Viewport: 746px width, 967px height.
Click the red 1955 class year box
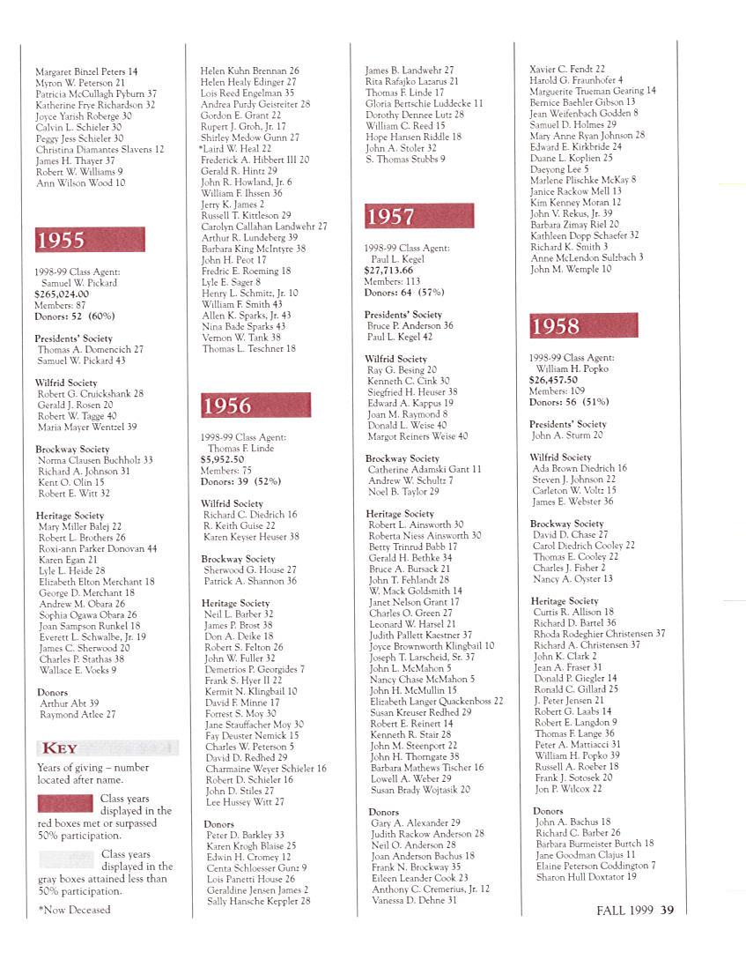click(90, 240)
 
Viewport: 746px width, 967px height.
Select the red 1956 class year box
click(255, 405)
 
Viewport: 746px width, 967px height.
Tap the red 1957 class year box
click(419, 216)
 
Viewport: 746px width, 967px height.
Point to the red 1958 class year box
click(583, 325)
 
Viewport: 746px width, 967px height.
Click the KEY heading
click(61, 748)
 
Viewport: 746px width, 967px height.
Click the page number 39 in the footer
click(667, 911)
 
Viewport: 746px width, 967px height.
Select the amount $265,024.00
click(62, 294)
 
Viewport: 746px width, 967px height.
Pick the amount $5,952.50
click(222, 459)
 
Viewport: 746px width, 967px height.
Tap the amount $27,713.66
click(388, 271)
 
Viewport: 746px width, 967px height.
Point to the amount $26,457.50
click(553, 380)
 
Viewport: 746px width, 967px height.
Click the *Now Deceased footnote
click(74, 910)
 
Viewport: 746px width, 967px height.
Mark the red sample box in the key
click(66, 803)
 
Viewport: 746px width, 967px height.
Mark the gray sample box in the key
click(66, 859)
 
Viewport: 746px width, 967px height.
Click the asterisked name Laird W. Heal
click(235, 149)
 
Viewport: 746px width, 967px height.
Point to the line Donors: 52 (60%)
click(75, 316)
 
